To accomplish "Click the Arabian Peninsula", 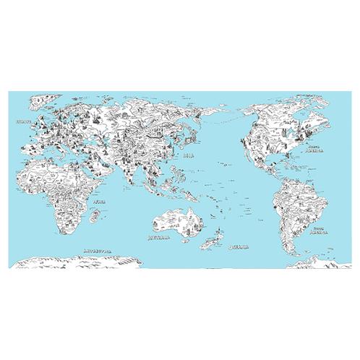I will point(95,160).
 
